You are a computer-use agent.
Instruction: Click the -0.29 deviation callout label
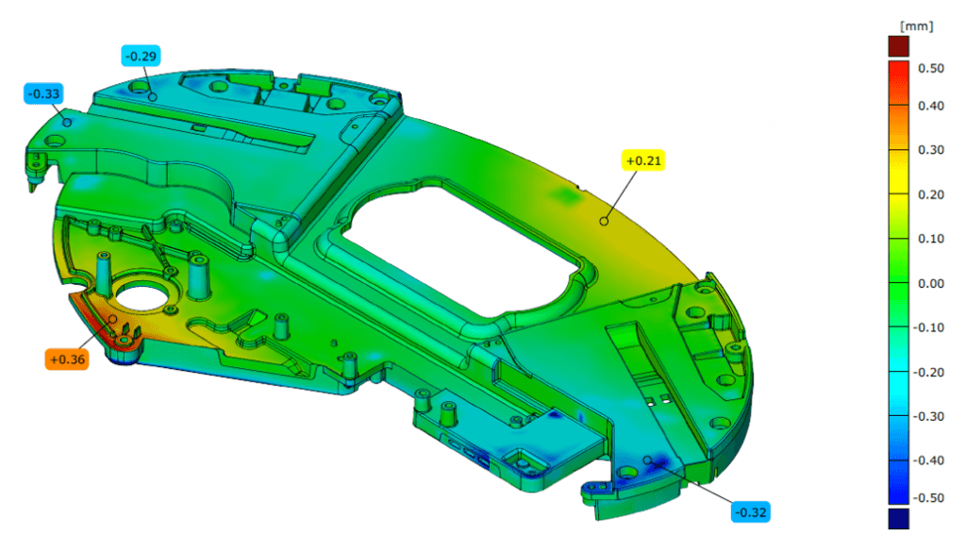tap(142, 56)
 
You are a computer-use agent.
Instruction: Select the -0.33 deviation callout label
tap(43, 93)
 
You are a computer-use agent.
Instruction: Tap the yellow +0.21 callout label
tap(643, 160)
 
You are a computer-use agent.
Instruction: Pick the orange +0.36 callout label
tap(67, 359)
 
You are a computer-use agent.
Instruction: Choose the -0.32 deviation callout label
tap(751, 512)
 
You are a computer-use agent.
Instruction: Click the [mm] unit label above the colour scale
tap(916, 25)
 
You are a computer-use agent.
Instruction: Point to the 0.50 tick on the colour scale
tap(930, 68)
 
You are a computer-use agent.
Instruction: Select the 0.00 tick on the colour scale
tap(930, 283)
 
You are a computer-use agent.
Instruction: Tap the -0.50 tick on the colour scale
tap(928, 497)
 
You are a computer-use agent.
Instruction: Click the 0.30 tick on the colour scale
tap(930, 149)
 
